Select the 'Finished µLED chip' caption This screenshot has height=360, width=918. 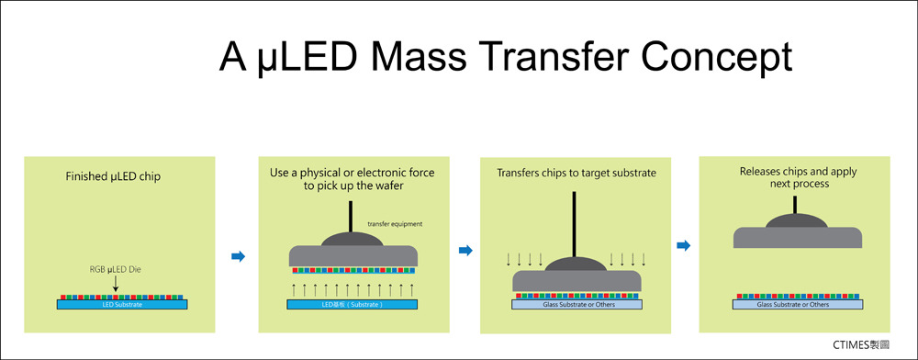113,176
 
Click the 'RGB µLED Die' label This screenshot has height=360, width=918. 116,270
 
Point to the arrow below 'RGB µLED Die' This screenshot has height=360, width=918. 116,284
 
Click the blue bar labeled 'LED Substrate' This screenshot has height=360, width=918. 122,305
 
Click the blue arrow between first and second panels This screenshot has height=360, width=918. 238,256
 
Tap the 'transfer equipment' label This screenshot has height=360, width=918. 395,223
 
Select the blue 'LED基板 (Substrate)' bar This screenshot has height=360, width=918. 352,304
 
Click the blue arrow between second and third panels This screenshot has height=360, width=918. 465,251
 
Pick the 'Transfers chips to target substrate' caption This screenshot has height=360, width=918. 577,174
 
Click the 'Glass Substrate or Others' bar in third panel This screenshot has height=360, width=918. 577,305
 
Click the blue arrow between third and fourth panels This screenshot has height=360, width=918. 683,246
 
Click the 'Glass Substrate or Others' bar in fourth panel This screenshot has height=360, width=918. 798,305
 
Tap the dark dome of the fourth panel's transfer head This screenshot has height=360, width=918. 797,220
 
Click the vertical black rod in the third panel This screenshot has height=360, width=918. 574,224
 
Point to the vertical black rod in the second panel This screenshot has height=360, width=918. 352,217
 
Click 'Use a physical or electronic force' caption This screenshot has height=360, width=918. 353,174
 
